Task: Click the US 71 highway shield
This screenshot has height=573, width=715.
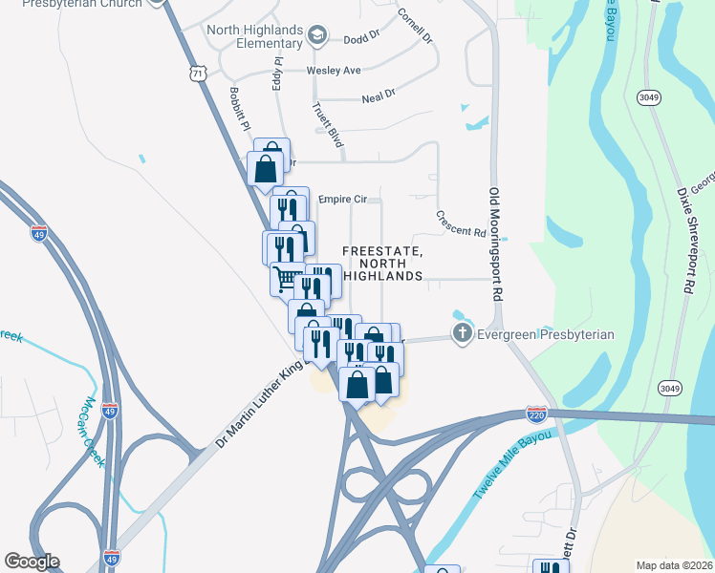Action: click(x=198, y=73)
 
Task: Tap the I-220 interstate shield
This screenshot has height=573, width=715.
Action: click(x=536, y=414)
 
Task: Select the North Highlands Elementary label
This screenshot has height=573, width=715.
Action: click(x=256, y=36)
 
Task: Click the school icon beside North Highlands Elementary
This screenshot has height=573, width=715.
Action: click(x=316, y=37)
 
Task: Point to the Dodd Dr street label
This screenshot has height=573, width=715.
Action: click(x=361, y=40)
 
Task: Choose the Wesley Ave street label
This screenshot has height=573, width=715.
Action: click(x=334, y=71)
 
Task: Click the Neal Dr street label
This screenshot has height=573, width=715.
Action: click(x=379, y=97)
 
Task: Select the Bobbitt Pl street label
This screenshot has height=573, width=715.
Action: click(x=239, y=110)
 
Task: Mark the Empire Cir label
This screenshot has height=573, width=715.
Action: click(x=341, y=200)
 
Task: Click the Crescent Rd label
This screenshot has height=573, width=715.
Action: click(x=461, y=224)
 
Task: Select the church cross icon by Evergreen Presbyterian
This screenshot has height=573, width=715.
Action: click(x=462, y=334)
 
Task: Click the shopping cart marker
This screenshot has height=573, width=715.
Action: click(x=286, y=279)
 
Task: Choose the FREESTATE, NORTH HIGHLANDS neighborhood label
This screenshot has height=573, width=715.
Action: click(x=382, y=263)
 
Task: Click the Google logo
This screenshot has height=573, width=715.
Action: click(x=32, y=562)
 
